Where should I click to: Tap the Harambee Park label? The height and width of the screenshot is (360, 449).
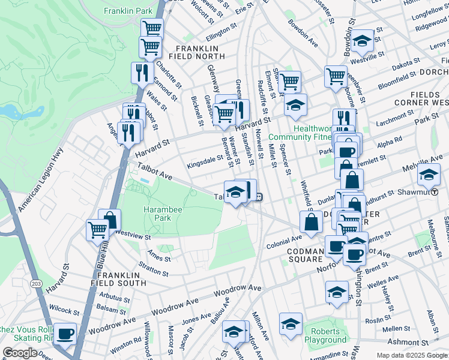[162, 214]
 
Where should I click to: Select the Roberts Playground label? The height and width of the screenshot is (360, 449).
[325, 335]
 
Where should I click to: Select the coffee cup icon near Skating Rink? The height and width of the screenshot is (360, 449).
[65, 333]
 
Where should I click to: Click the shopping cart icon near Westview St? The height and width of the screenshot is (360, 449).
[98, 229]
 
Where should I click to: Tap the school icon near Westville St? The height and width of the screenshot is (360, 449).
[363, 40]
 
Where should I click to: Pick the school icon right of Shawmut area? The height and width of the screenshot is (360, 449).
[428, 175]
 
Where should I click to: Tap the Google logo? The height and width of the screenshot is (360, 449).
[20, 353]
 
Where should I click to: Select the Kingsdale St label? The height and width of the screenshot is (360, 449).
[205, 162]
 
